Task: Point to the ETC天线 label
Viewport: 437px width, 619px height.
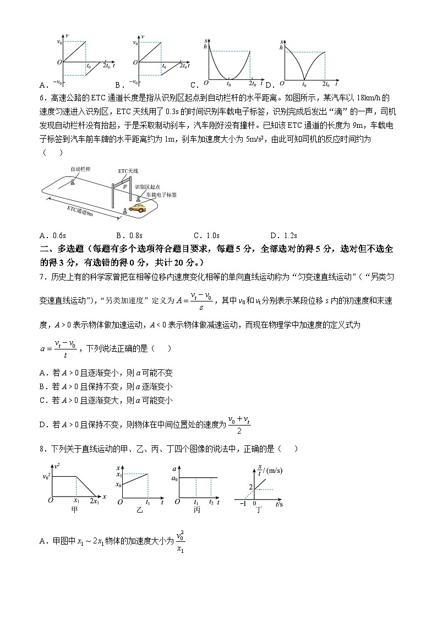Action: [128, 171]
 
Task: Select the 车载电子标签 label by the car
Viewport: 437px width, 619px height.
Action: [161, 195]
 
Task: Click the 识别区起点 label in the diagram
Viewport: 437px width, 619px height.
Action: [147, 187]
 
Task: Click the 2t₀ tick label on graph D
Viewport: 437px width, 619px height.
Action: [326, 84]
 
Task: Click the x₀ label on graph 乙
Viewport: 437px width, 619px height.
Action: [118, 485]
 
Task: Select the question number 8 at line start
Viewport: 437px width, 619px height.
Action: [43, 448]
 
